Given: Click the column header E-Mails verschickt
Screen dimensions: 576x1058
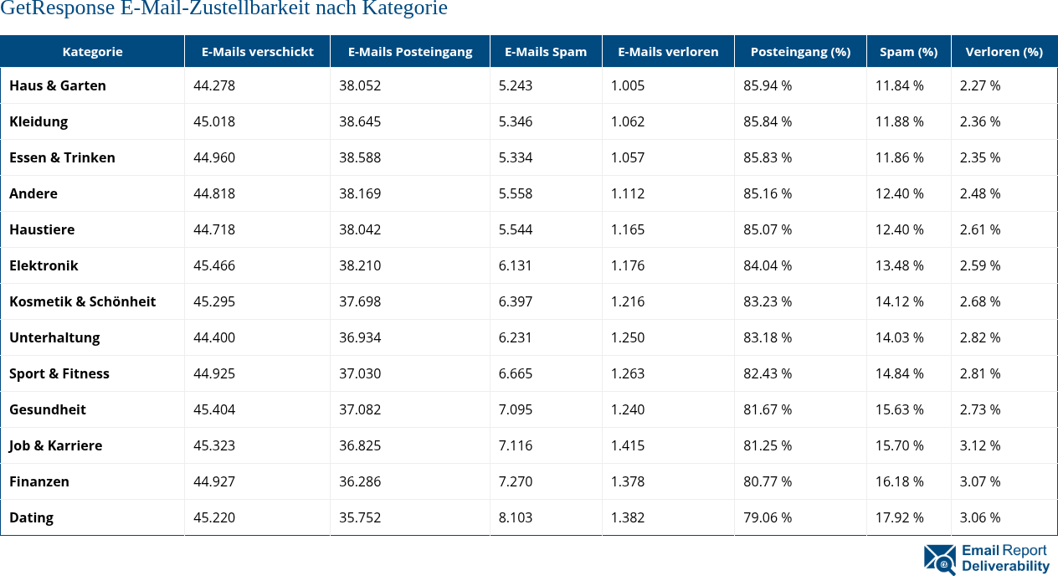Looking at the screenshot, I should pyautogui.click(x=257, y=51).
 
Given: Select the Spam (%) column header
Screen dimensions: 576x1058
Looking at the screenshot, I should pyautogui.click(x=908, y=51).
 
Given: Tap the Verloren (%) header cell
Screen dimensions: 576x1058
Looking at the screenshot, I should pyautogui.click(x=1004, y=51).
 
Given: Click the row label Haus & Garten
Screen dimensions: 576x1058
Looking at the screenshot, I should pyautogui.click(x=58, y=85).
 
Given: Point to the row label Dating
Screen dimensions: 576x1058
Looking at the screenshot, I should pyautogui.click(x=31, y=517).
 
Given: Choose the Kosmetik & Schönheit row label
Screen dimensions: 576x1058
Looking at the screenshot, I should pyautogui.click(x=82, y=301).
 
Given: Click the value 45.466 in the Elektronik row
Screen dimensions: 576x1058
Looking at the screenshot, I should pyautogui.click(x=214, y=265).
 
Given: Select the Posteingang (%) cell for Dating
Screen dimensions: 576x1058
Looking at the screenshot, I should pyautogui.click(x=768, y=517).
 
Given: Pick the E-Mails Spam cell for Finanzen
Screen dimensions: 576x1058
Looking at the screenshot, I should pyautogui.click(x=516, y=481).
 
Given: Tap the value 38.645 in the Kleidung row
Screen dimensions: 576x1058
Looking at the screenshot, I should pyautogui.click(x=360, y=121).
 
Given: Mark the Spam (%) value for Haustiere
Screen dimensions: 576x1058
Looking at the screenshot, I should pyautogui.click(x=900, y=229).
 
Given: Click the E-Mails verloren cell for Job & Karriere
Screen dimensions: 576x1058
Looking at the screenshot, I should pyautogui.click(x=628, y=445).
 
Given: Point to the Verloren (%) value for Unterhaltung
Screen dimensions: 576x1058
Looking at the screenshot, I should pyautogui.click(x=980, y=337).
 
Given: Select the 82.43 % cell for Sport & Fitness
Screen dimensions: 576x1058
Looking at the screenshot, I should pyautogui.click(x=768, y=373).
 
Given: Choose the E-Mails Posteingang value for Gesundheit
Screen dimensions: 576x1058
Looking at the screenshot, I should pyautogui.click(x=360, y=409).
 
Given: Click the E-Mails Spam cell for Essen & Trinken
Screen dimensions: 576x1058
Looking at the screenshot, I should pyautogui.click(x=516, y=157).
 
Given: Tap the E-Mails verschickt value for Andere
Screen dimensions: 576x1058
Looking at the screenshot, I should pyautogui.click(x=214, y=193).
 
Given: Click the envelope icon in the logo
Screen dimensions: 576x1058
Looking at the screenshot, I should pyautogui.click(x=940, y=559).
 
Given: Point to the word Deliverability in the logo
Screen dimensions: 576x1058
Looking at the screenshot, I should pyautogui.click(x=1005, y=567).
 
